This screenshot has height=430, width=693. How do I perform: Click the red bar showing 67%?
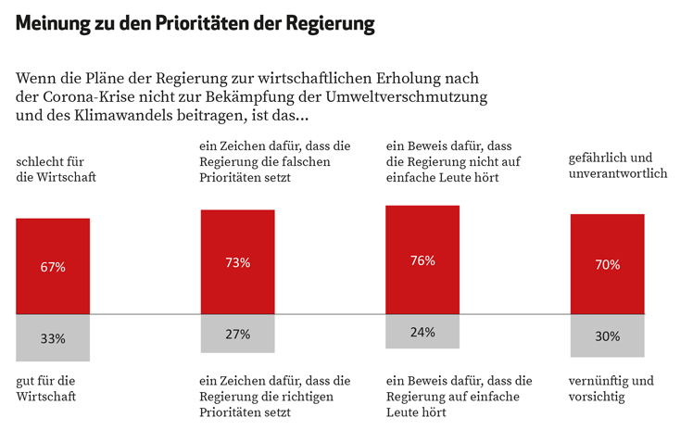tap(53, 266)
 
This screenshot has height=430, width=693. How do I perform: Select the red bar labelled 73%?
tap(237, 261)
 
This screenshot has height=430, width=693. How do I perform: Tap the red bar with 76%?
tap(422, 259)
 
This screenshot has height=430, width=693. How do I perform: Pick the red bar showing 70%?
tap(607, 264)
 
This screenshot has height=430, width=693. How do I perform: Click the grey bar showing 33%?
tap(53, 338)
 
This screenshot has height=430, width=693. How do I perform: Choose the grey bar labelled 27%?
tap(237, 334)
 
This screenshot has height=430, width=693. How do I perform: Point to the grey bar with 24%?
tap(422, 332)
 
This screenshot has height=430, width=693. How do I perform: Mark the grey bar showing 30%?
tap(607, 335)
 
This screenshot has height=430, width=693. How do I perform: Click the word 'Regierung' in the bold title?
tap(331, 25)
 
